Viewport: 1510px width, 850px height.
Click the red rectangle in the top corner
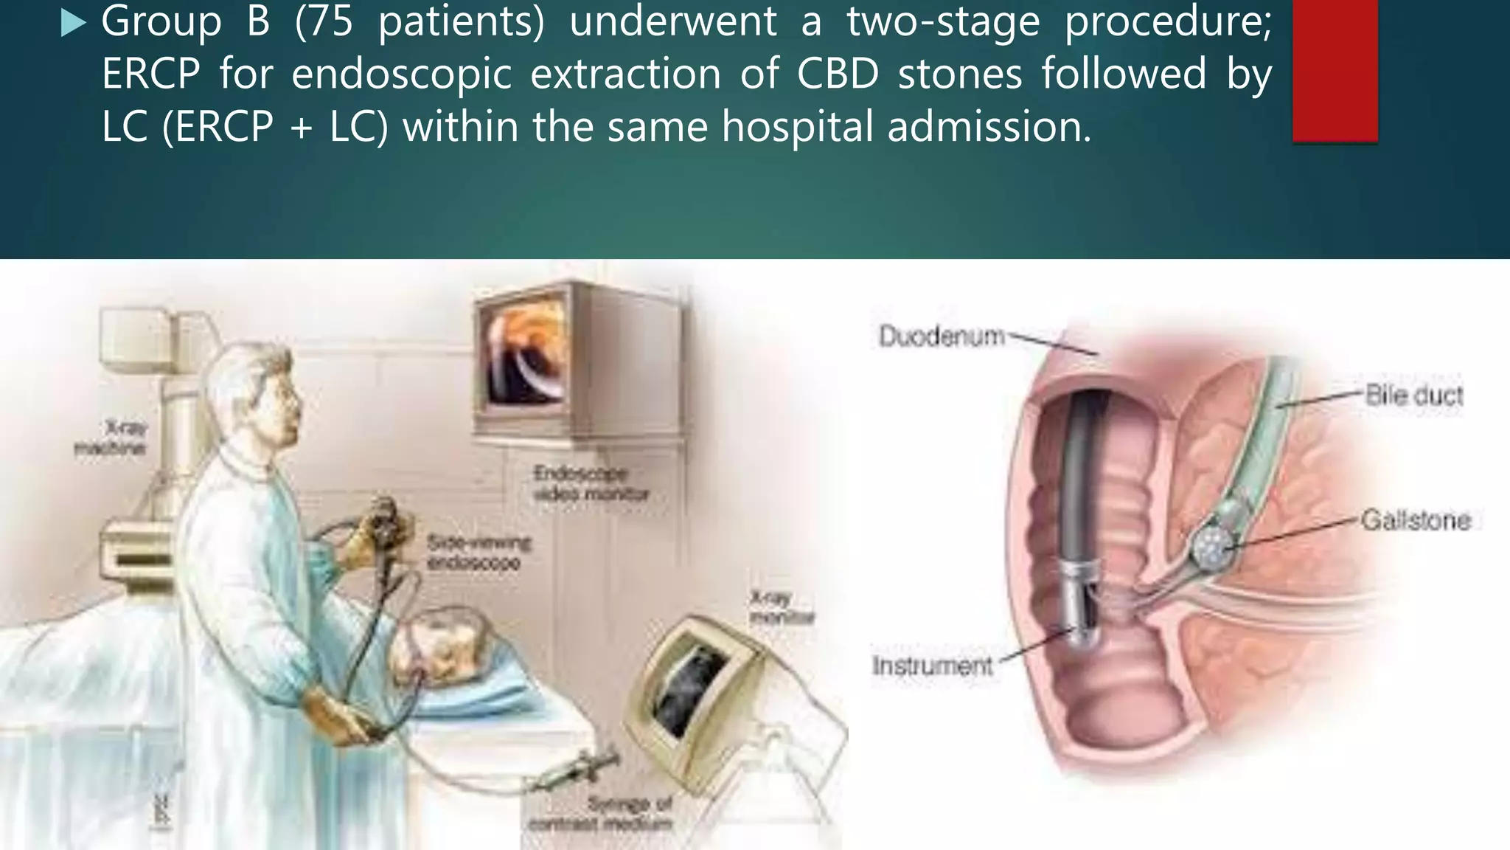tap(1335, 70)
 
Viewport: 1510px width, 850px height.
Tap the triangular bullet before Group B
tap(73, 24)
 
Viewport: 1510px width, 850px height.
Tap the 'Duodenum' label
tap(942, 336)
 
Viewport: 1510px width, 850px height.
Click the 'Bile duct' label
tap(1413, 395)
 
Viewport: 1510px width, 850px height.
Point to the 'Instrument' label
tap(932, 666)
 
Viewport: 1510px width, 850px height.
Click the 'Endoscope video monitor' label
tap(591, 483)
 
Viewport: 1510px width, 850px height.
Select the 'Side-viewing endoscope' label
tap(478, 553)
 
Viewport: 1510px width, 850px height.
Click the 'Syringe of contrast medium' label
tap(600, 813)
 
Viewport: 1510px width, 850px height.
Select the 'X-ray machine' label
tap(111, 438)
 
